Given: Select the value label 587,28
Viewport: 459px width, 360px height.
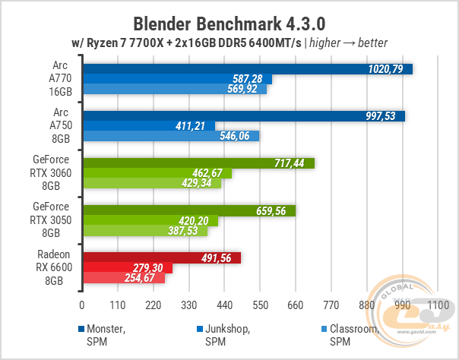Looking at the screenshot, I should pyautogui.click(x=252, y=79).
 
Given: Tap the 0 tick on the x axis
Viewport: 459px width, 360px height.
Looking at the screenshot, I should pyautogui.click(x=82, y=305).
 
